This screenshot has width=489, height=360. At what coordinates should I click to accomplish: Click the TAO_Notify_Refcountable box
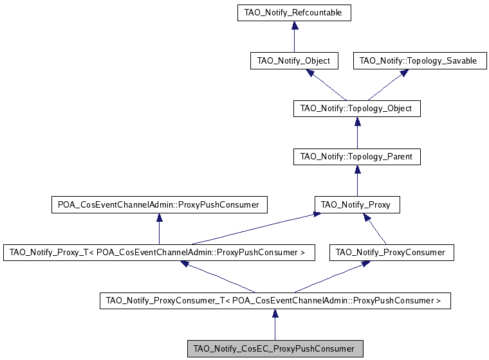(294, 12)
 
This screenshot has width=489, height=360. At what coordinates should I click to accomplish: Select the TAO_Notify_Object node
(294, 61)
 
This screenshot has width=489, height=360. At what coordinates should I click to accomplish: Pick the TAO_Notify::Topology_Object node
(356, 109)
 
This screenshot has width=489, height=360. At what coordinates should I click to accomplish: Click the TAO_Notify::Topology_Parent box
(356, 156)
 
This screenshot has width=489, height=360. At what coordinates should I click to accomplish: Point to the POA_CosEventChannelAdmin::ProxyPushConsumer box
(158, 205)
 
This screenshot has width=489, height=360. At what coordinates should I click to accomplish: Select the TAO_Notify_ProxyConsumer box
(391, 253)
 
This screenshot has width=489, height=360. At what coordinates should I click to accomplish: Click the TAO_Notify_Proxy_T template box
(158, 253)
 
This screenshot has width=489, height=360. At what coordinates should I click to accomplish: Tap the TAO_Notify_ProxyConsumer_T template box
(275, 300)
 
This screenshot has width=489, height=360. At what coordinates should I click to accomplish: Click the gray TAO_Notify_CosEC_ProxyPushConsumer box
(275, 348)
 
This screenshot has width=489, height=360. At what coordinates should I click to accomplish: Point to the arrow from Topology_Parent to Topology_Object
(356, 132)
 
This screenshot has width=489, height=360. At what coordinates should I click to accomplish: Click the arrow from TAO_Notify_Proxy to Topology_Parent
(356, 181)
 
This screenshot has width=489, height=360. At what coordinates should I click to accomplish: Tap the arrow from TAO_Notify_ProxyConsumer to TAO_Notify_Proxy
(376, 230)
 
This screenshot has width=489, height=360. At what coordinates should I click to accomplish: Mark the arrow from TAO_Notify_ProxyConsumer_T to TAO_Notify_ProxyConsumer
(335, 276)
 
